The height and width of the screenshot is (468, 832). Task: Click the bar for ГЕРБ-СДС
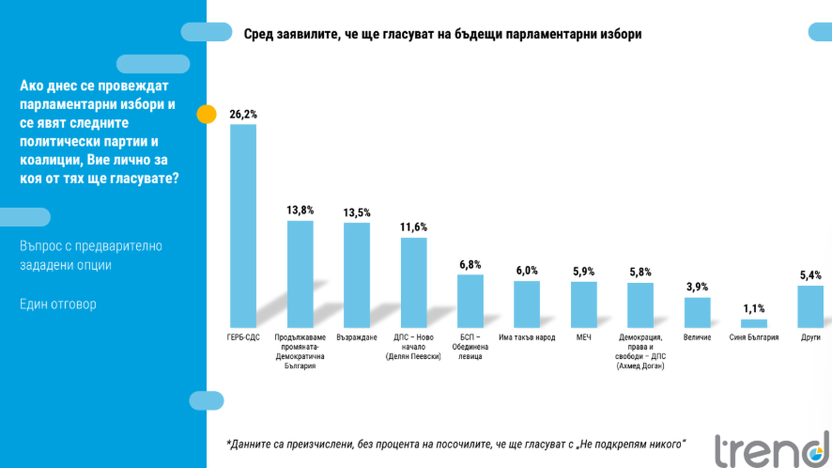tap(244, 226)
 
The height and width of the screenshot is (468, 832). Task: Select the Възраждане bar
tap(357, 275)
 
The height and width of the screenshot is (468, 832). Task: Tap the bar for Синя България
tap(754, 323)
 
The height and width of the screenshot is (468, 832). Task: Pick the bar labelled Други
tap(811, 306)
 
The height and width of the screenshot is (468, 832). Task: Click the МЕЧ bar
tap(584, 304)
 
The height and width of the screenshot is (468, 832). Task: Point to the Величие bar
tap(697, 312)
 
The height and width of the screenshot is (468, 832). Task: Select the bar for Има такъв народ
tap(527, 304)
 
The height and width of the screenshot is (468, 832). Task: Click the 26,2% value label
tap(243, 114)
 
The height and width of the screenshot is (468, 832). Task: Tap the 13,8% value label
tap(300, 210)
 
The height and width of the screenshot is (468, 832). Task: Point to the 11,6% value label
tap(414, 227)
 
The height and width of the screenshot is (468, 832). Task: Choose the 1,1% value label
tap(754, 309)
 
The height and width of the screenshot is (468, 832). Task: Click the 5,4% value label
tap(811, 275)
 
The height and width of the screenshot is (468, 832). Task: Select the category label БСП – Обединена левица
tap(471, 347)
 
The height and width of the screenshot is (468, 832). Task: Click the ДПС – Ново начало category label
tap(413, 347)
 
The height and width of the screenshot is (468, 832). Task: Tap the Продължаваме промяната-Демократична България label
tap(300, 352)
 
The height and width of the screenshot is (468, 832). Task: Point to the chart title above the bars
tap(442, 34)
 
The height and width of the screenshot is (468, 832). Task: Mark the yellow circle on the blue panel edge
tap(206, 114)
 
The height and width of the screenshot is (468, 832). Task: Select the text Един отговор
tap(58, 304)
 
